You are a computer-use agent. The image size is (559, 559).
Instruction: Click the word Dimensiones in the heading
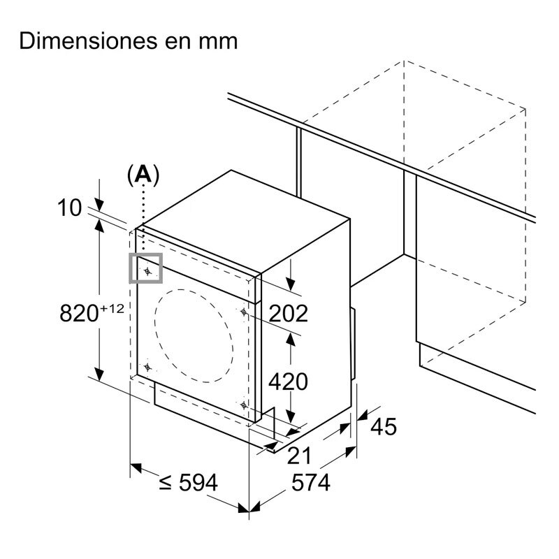pos(89,41)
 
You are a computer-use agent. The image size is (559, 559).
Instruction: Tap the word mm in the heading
pos(218,42)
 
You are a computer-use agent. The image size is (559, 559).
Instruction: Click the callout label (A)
pos(143,175)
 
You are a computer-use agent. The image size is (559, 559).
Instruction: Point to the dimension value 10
pos(69,208)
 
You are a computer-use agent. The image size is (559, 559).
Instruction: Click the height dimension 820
pos(79,313)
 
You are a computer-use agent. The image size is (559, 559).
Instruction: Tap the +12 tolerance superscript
pos(112,308)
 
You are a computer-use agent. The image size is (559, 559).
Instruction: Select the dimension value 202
pos(288,314)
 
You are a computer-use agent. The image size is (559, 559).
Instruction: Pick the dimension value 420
pos(288,382)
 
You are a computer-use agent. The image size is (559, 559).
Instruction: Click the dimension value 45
pos(384,426)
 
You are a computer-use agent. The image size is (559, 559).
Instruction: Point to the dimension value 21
pos(299,456)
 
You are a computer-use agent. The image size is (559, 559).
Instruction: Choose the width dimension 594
pos(198,483)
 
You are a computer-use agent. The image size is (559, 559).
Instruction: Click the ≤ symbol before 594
pos(166,484)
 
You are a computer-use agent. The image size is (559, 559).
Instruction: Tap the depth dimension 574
pos(311,483)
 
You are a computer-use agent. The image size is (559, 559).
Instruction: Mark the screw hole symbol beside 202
pos(243,312)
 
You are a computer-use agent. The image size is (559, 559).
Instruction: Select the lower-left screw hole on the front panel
pos(147,367)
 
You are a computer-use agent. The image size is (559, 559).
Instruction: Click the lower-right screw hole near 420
pos(244,405)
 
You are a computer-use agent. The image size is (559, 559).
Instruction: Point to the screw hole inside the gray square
pos(147,272)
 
